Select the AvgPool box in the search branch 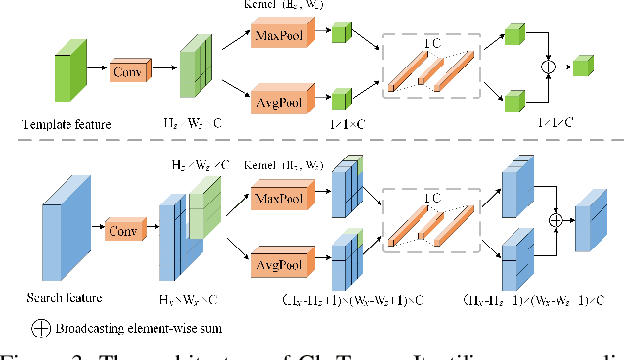tap(279, 264)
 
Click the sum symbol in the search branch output tap(557, 220)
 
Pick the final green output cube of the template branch tap(583, 67)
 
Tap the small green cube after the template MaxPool tap(340, 34)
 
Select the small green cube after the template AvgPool tap(340, 98)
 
